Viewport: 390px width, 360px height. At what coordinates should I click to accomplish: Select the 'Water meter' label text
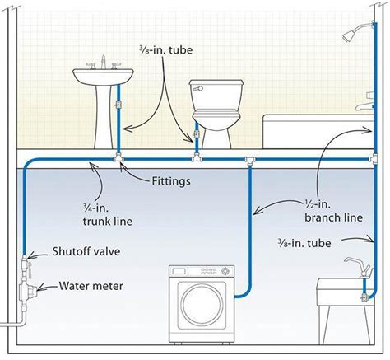click(x=91, y=288)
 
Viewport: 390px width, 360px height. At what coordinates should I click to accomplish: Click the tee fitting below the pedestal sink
click(x=119, y=156)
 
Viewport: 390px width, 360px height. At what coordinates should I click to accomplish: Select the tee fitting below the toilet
click(x=196, y=156)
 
